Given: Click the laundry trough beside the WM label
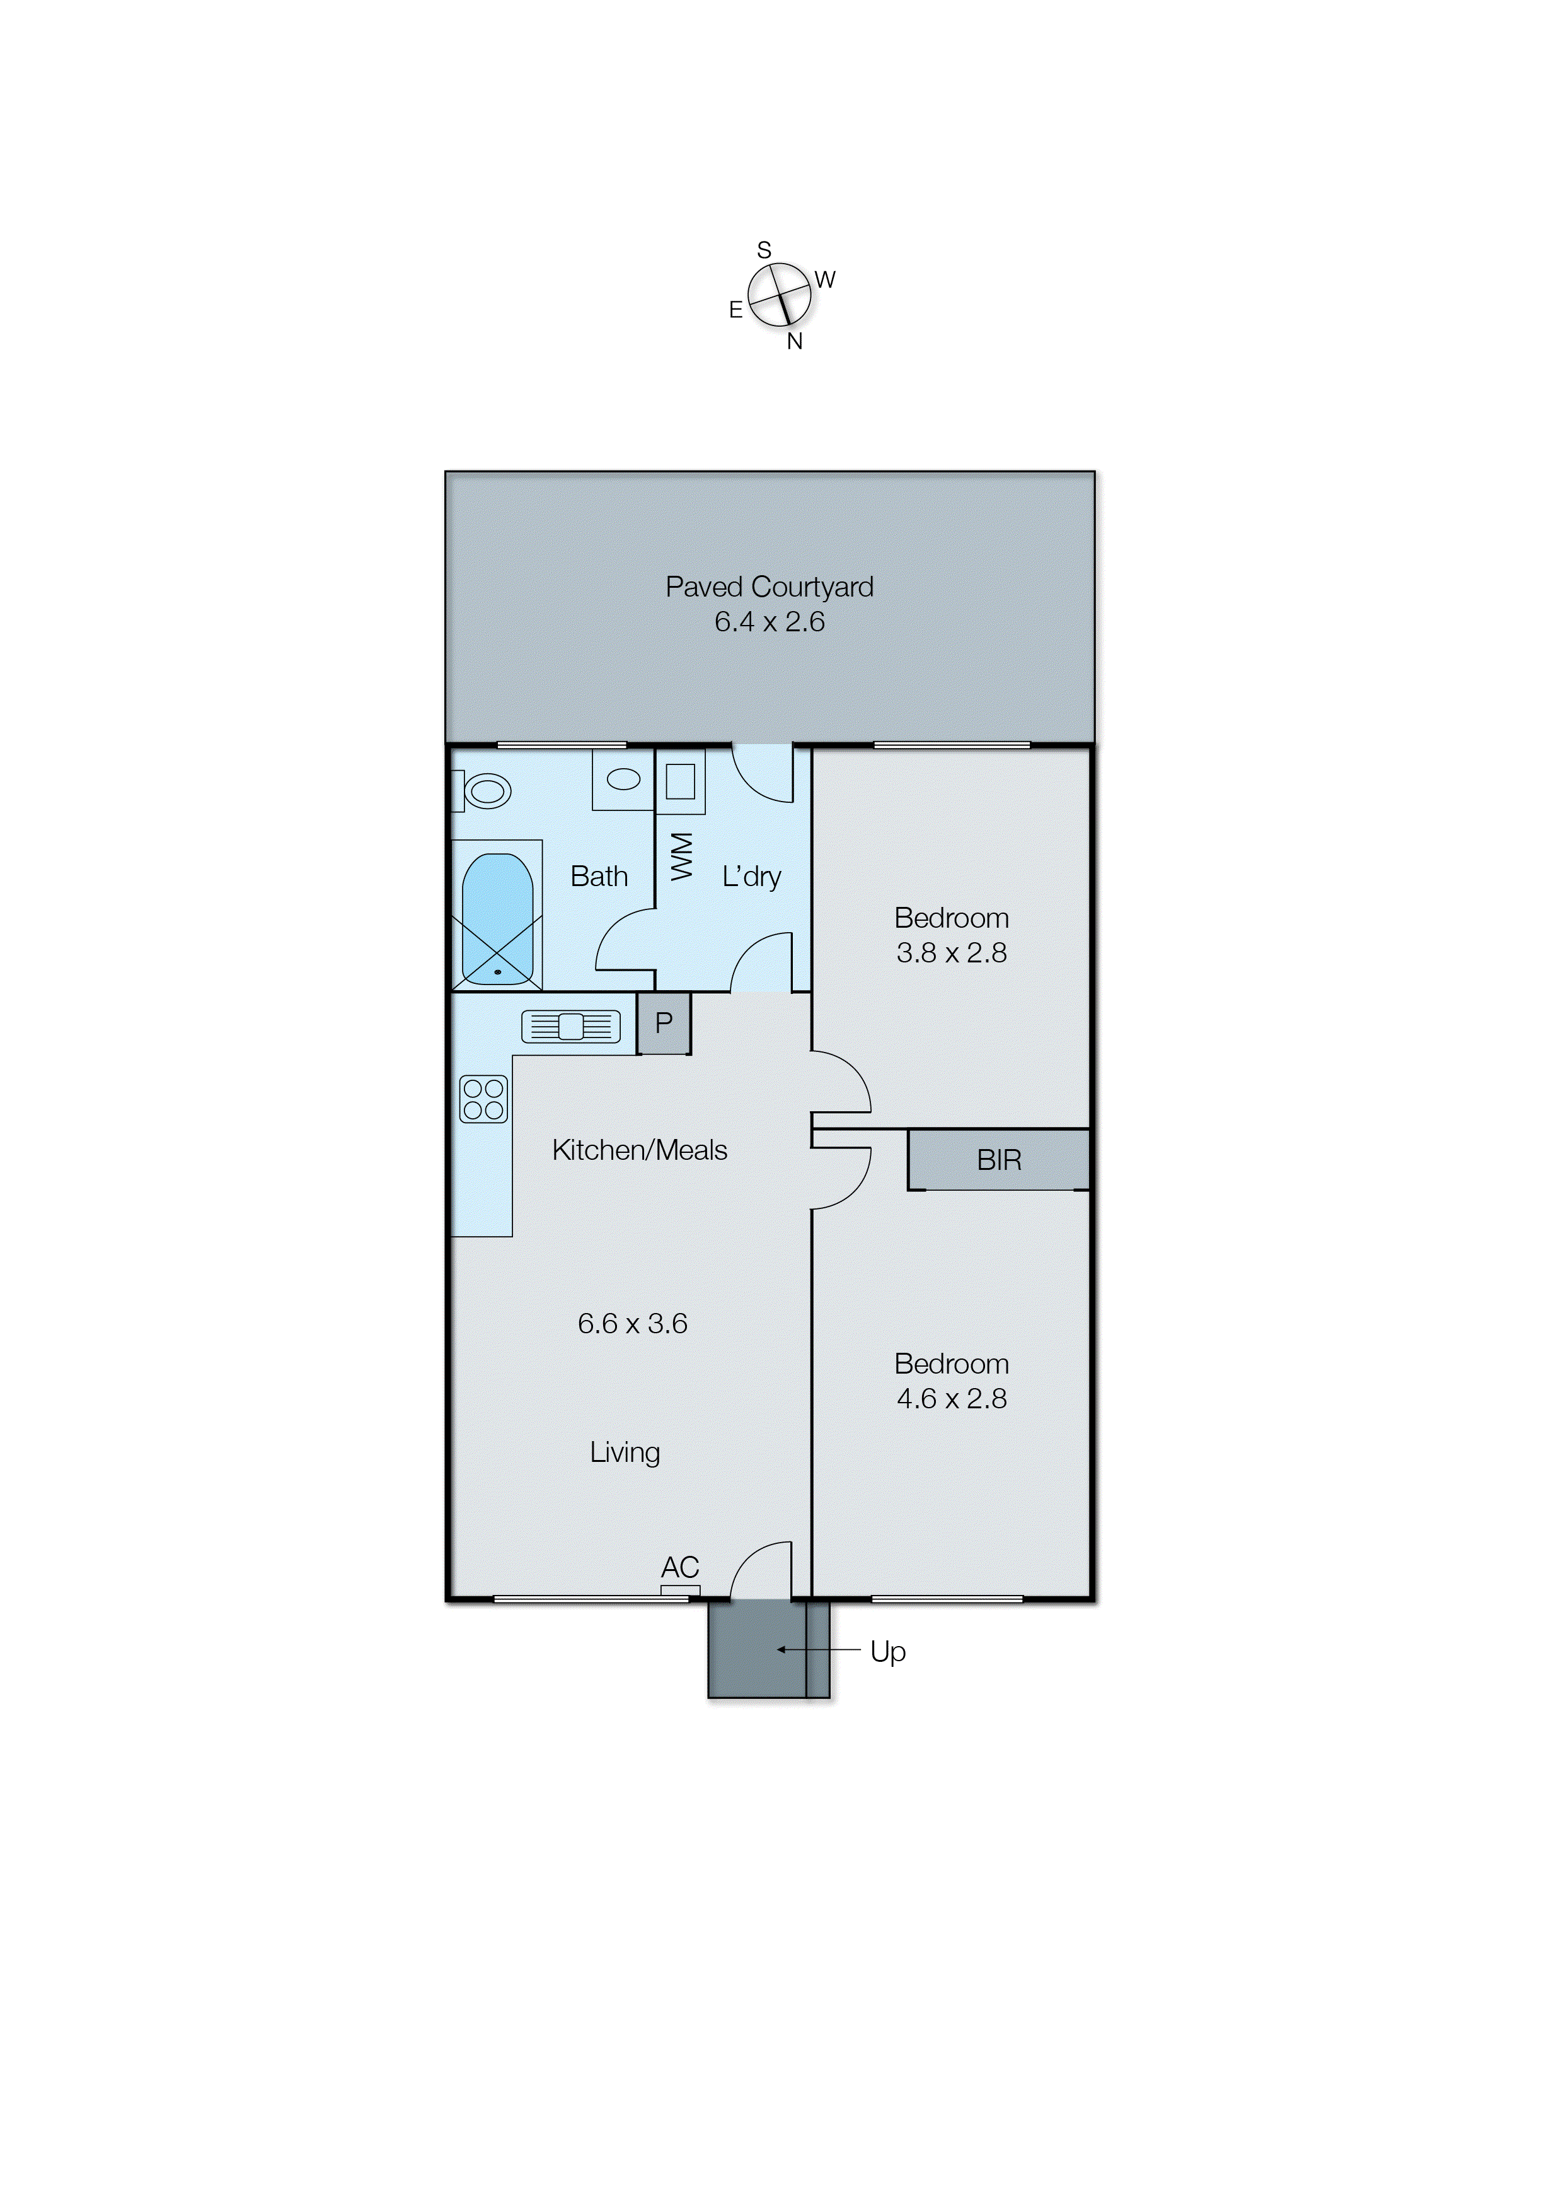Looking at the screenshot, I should coord(681,781).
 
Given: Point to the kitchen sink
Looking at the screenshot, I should coord(571,1027).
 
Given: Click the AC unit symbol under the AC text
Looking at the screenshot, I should coord(681,1590).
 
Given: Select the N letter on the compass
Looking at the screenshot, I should coord(794,342).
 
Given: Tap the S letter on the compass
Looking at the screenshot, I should coord(764,250).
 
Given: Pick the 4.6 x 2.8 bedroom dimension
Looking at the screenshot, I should coord(951,1398).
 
